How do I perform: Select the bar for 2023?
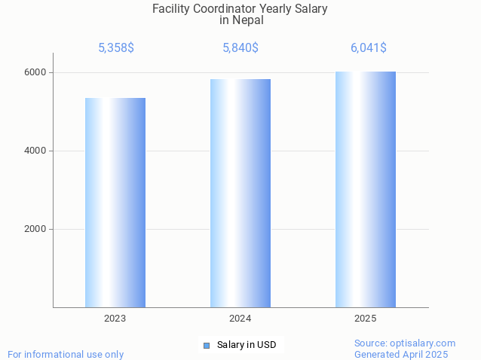click(x=115, y=203)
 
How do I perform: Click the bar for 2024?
click(x=240, y=193)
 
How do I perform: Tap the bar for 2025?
click(x=366, y=189)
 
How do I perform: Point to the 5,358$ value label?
click(x=116, y=47)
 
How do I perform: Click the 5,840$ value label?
click(x=240, y=47)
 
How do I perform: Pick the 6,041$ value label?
click(x=369, y=47)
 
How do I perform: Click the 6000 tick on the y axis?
click(x=35, y=72)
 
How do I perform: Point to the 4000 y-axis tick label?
click(x=35, y=151)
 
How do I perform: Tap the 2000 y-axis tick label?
click(x=35, y=229)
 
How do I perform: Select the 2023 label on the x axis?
click(x=115, y=319)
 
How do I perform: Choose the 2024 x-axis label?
click(x=240, y=319)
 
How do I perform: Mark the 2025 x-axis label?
click(x=366, y=319)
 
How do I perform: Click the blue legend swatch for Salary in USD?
click(x=207, y=346)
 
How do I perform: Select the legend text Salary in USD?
click(x=247, y=346)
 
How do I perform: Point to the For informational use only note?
click(x=66, y=354)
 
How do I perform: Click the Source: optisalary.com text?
click(x=405, y=343)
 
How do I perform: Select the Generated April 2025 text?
click(x=401, y=354)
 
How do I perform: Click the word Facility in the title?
click(x=170, y=9)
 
